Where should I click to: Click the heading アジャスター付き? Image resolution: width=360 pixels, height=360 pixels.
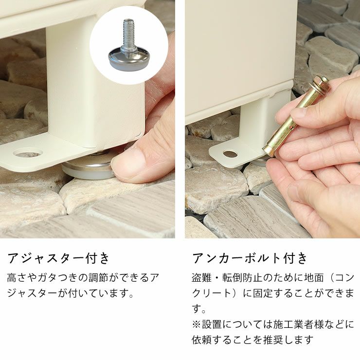tap(58, 258)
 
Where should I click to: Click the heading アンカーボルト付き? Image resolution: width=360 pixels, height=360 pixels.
tap(250, 258)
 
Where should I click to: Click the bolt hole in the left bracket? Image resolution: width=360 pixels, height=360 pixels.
tap(28, 153)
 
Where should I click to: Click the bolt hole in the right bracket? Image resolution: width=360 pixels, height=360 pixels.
tap(230, 154)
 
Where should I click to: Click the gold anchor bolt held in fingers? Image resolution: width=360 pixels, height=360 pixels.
tap(297, 116)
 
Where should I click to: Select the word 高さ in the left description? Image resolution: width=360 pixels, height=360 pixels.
tap(18, 278)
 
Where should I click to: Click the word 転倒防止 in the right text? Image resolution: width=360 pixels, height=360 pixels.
tap(242, 278)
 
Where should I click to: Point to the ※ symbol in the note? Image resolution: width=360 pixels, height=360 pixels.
tap(197, 324)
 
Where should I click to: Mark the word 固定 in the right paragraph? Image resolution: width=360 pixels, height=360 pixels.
tap(263, 293)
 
